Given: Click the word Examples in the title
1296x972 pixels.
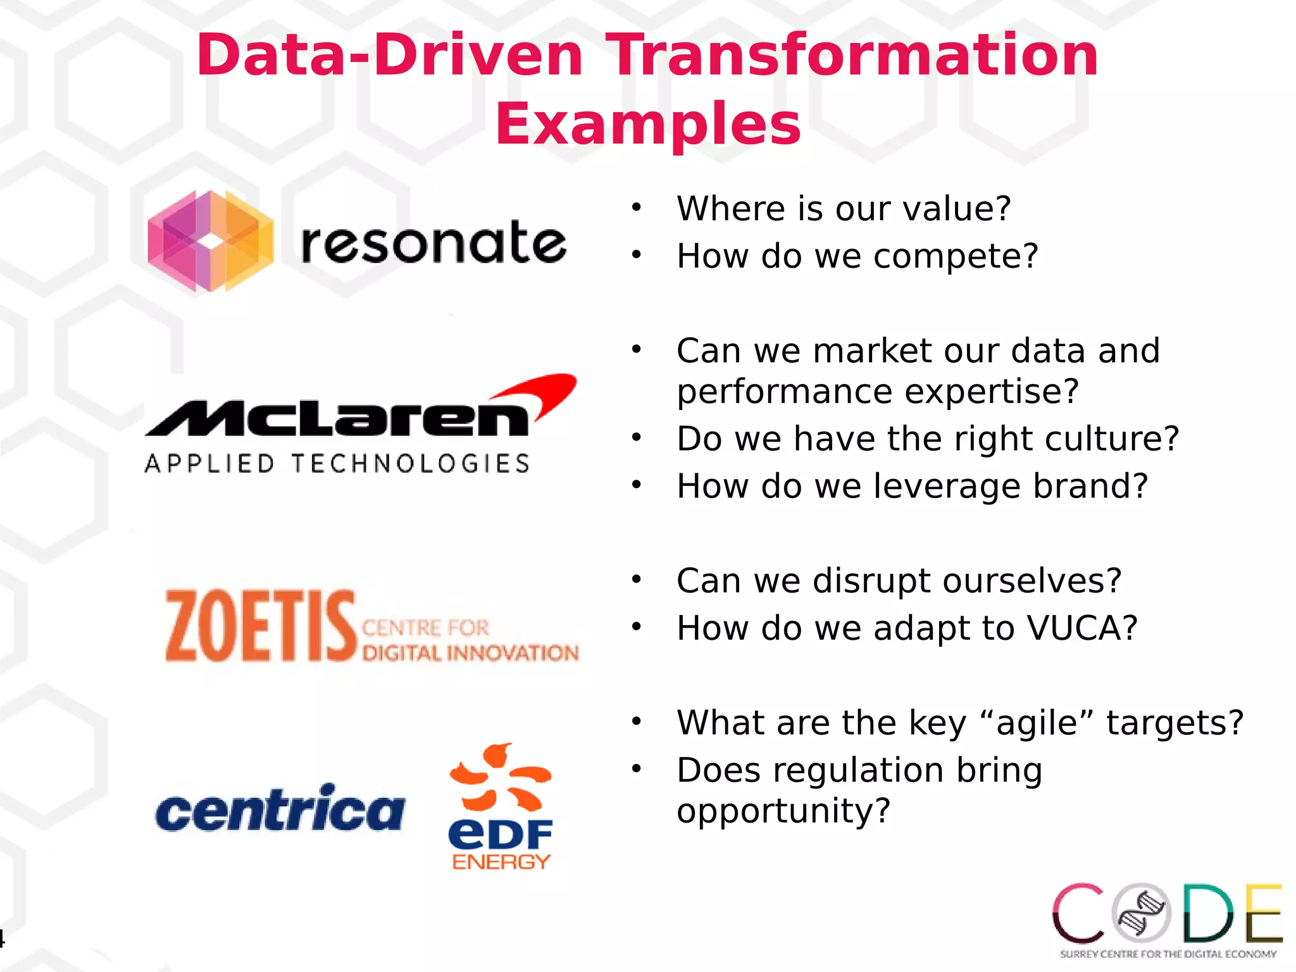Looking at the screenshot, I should tap(648, 125).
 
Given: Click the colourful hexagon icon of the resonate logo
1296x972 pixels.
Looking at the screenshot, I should tap(211, 242).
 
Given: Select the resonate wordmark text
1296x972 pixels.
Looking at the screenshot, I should tap(433, 243).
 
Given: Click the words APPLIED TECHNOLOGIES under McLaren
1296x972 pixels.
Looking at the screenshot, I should tap(337, 464).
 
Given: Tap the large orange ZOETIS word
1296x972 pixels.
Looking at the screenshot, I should tap(260, 626).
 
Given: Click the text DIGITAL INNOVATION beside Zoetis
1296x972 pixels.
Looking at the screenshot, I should tap(470, 652).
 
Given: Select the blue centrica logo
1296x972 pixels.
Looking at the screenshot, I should tap(280, 809).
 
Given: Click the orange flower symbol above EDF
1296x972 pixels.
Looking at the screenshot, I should tap(500, 778).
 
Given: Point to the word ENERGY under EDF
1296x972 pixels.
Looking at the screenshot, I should tap(501, 862).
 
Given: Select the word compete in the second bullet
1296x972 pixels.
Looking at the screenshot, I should tap(956, 256).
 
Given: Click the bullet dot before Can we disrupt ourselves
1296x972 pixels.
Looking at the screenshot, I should tap(636, 579).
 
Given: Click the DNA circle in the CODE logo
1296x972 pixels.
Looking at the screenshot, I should tap(1142, 913).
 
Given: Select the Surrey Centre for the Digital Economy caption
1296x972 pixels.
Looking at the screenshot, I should tap(1168, 954).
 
